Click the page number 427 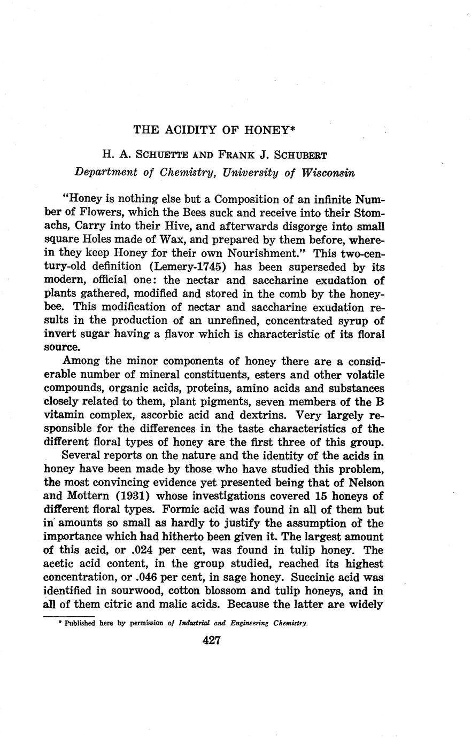click(212, 640)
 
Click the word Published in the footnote click(80, 623)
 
